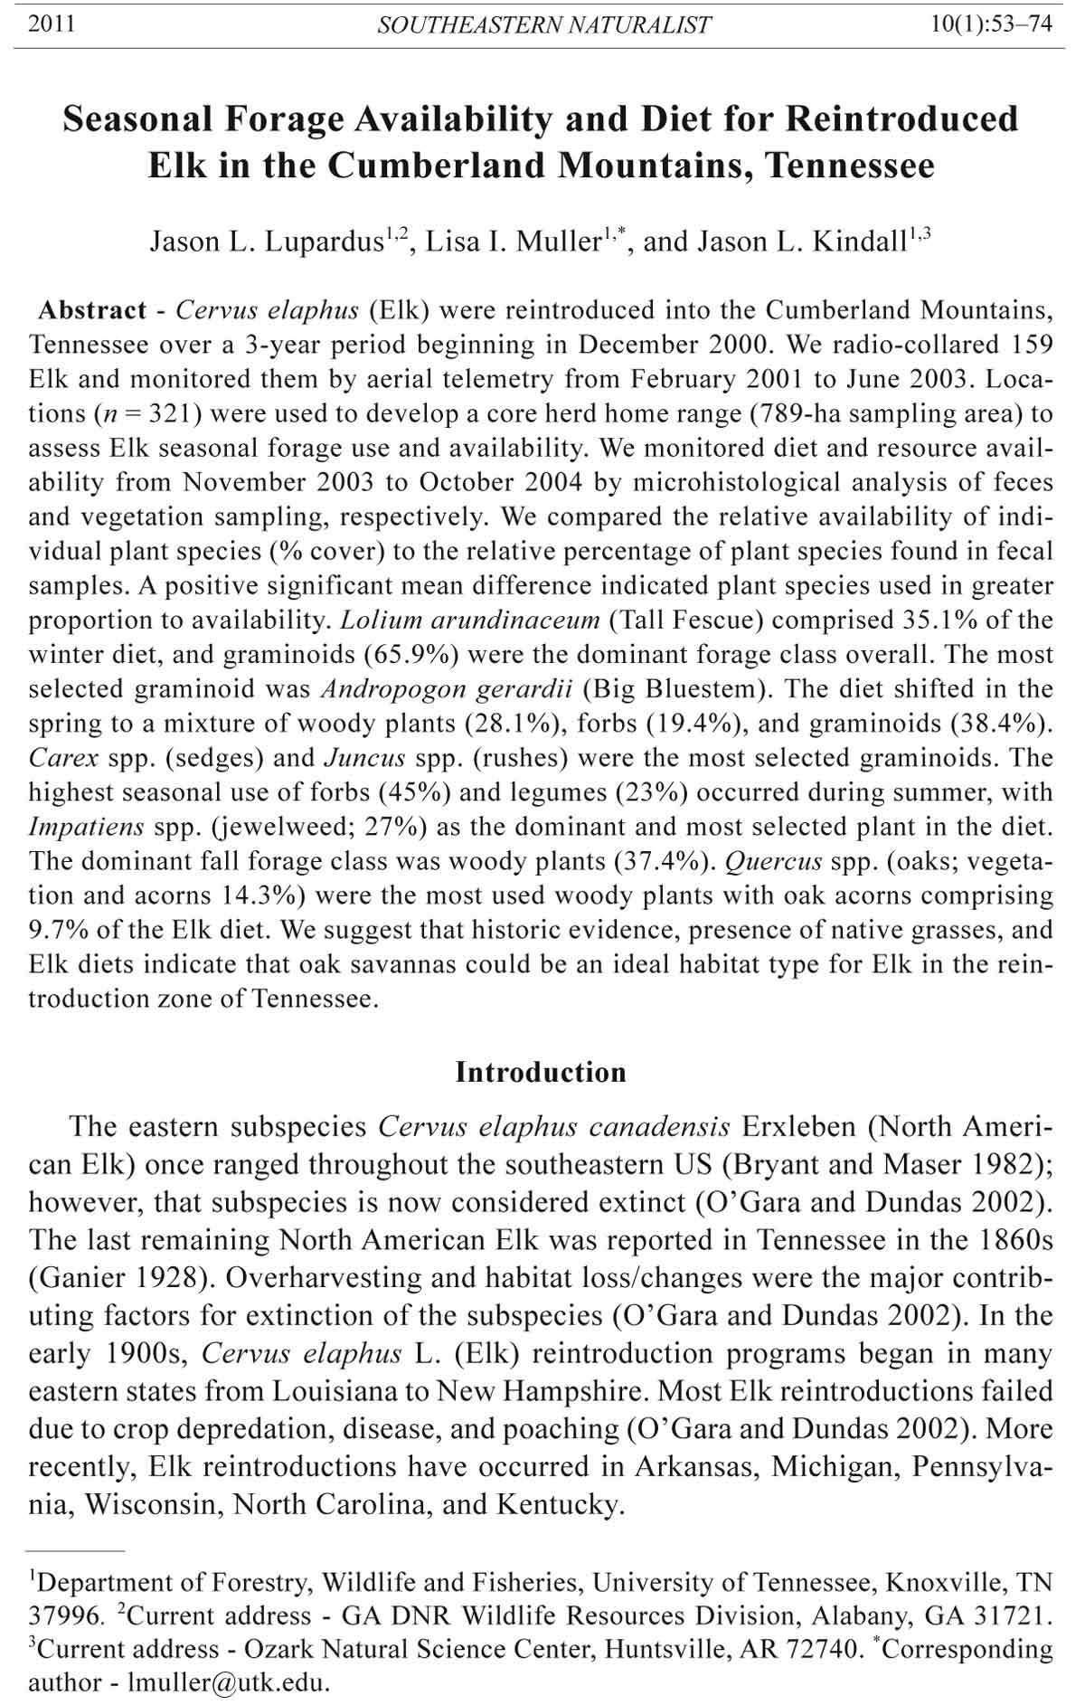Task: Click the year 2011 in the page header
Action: pos(52,24)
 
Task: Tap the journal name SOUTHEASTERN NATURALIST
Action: pos(544,25)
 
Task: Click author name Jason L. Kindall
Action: pos(813,242)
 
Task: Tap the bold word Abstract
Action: pos(92,310)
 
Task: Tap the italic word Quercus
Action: pos(773,861)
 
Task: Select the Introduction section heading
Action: pos(541,1072)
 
